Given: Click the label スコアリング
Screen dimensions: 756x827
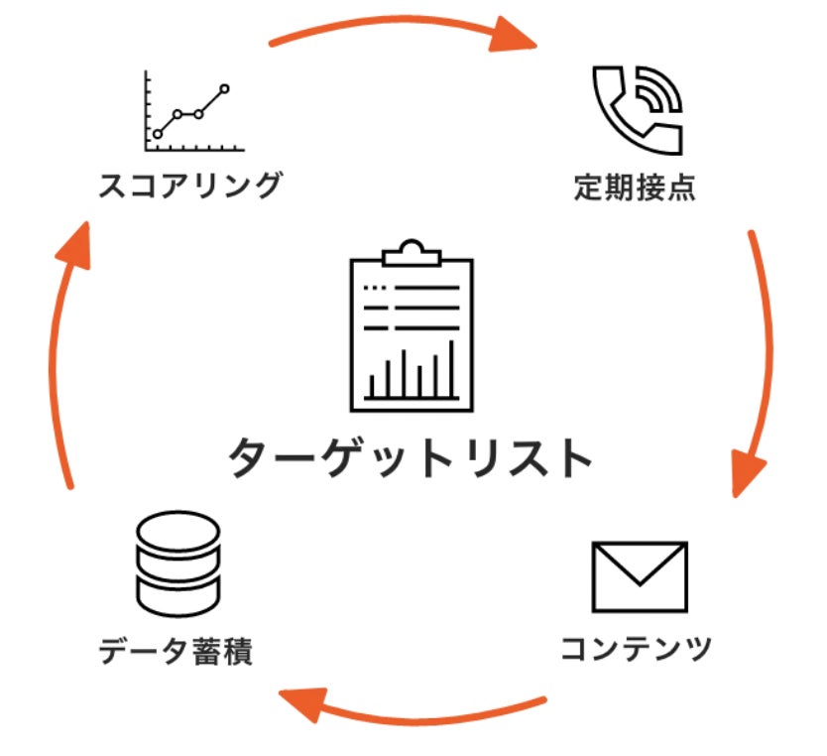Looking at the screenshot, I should tap(190, 186).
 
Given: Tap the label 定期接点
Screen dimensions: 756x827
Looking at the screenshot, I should tap(636, 188).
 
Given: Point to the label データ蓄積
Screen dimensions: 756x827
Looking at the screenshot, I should tap(177, 652).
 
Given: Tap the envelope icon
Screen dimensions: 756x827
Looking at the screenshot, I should tap(639, 576).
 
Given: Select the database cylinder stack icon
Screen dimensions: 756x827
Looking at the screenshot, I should tap(177, 563).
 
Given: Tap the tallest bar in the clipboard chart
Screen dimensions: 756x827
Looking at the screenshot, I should tap(451, 367).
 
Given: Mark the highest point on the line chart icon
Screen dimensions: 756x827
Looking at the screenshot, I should tap(225, 89).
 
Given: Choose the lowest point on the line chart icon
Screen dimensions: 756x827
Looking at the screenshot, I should tap(158, 134).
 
